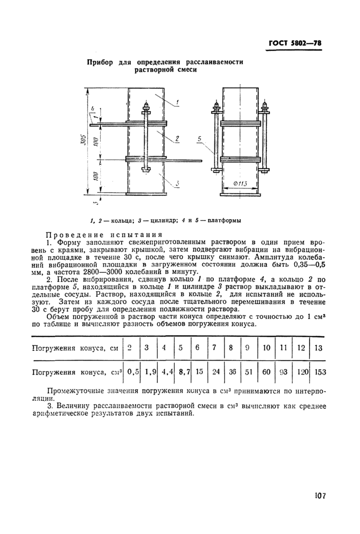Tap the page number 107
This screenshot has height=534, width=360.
[319, 496]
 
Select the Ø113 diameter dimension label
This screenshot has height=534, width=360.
[239, 185]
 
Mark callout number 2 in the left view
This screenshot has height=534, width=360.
[176, 138]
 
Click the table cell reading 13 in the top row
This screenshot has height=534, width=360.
[318, 348]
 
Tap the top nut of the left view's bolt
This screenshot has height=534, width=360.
[147, 108]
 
